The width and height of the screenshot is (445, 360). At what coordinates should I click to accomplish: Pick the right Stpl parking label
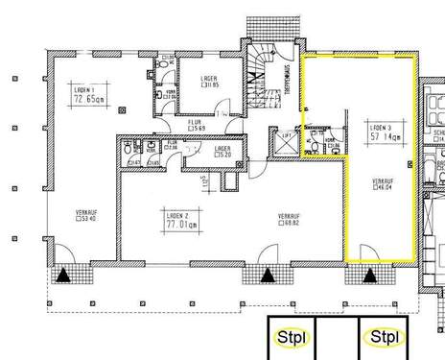pos(384,337)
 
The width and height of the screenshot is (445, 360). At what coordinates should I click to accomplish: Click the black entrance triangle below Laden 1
pos(62,276)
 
